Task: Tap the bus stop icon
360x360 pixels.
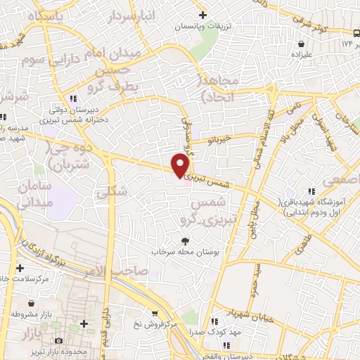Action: [x=356, y=34]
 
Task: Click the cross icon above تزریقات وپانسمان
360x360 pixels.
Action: [x=202, y=14]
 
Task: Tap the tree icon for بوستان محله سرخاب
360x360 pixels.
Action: [x=185, y=240]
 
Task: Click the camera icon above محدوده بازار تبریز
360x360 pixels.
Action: [x=84, y=323]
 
